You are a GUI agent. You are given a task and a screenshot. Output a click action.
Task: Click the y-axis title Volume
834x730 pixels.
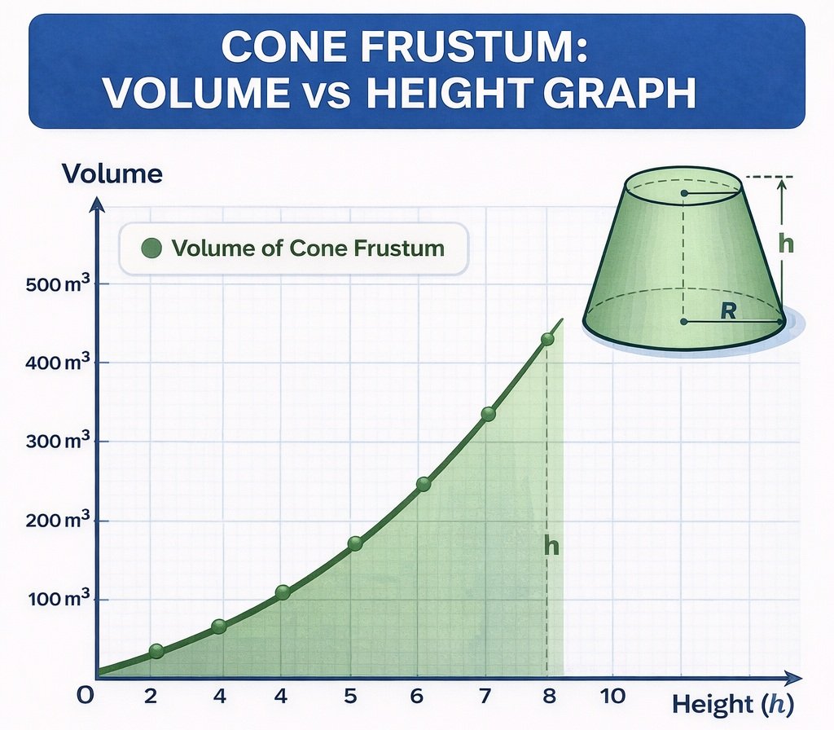click(x=112, y=174)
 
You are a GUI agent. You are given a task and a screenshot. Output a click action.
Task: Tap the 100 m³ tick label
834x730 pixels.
click(x=55, y=600)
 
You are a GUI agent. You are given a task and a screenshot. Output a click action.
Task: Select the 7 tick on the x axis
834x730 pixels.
click(x=484, y=696)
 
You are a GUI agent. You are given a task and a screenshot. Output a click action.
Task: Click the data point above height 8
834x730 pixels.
click(x=547, y=339)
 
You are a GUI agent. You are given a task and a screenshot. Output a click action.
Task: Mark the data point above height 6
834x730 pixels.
click(x=424, y=484)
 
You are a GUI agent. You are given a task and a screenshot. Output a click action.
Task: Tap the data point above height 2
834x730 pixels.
click(x=157, y=651)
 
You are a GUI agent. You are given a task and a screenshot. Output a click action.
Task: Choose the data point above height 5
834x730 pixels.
click(x=355, y=543)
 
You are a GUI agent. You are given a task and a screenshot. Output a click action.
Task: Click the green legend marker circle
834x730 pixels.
click(x=151, y=248)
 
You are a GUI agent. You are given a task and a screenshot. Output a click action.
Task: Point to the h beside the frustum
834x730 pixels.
click(x=785, y=244)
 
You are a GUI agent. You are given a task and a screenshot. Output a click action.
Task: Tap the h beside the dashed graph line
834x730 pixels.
click(x=551, y=547)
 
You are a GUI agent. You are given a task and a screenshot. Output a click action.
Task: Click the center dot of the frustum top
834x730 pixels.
click(x=684, y=193)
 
